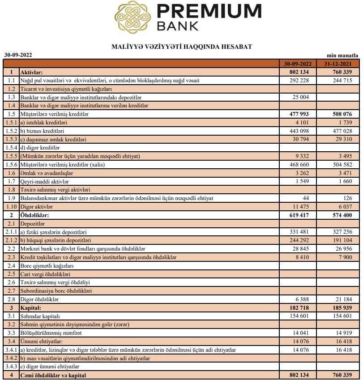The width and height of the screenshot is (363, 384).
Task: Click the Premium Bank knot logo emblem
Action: coord(132,17)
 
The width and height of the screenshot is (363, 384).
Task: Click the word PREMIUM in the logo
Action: coord(209,11)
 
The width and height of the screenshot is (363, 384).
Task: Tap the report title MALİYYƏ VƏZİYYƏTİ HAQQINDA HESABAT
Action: coord(181,46)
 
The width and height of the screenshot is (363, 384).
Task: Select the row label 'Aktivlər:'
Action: coord(34,72)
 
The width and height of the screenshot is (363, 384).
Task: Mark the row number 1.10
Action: coord(11,207)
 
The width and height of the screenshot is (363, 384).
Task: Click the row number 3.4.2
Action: coord(10,358)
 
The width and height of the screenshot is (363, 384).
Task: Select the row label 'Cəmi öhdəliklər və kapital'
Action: coord(53,375)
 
